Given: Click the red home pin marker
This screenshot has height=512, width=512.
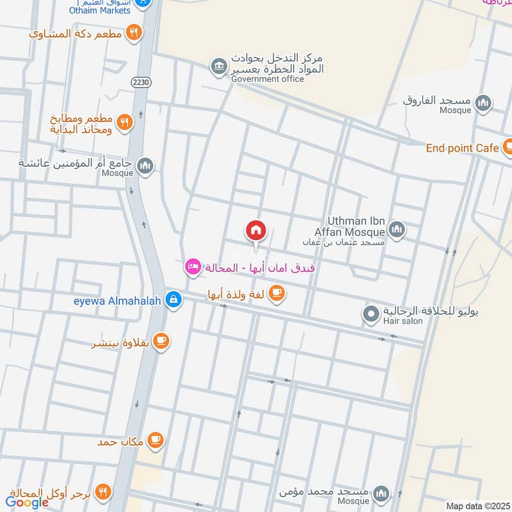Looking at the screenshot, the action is [255, 231].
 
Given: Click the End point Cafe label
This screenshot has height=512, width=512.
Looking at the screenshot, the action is [462, 148].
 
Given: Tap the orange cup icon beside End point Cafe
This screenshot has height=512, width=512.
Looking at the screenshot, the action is [508, 148].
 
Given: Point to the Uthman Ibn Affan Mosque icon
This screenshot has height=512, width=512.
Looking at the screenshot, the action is [397, 228].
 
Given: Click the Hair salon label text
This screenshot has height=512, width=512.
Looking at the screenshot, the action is [403, 321].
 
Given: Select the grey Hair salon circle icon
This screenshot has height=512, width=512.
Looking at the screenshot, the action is [371, 314].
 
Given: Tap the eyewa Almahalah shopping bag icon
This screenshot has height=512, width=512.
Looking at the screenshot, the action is [173, 299].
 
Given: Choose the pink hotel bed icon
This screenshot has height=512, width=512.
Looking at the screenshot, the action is [193, 268].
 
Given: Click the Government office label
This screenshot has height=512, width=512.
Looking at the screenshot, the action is [268, 79].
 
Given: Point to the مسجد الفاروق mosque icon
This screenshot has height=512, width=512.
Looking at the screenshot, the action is [483, 102].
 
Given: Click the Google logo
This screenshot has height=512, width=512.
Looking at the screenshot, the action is [28, 502].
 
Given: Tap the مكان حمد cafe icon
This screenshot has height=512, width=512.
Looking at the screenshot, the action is [156, 440].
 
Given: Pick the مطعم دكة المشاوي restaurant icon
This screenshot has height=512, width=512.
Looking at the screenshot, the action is [133, 33].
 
